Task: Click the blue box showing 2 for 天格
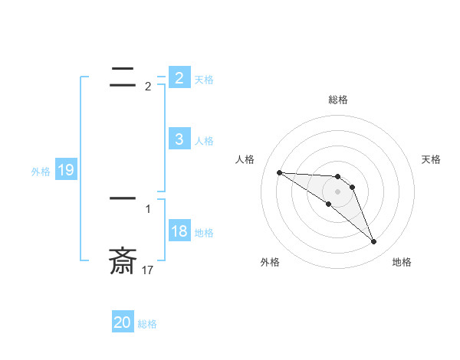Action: tap(179, 78)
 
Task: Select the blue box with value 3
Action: tap(179, 139)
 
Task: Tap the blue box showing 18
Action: tap(179, 231)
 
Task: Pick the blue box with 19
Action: tap(65, 170)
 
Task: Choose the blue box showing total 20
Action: tap(122, 322)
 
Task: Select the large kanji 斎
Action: tap(123, 261)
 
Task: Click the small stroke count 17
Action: tap(148, 270)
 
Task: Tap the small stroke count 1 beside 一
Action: tap(148, 208)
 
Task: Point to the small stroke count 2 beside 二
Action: tap(148, 87)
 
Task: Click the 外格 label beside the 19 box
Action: tap(41, 172)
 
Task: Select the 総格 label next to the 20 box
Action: tap(147, 324)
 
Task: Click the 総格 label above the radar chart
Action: tap(337, 100)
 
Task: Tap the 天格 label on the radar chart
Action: tap(431, 159)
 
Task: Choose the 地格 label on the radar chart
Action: tap(402, 262)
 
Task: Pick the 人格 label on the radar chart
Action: tap(245, 159)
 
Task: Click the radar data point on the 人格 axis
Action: tap(279, 172)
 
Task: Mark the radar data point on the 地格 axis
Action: tap(373, 242)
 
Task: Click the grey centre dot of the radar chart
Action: tap(337, 191)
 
